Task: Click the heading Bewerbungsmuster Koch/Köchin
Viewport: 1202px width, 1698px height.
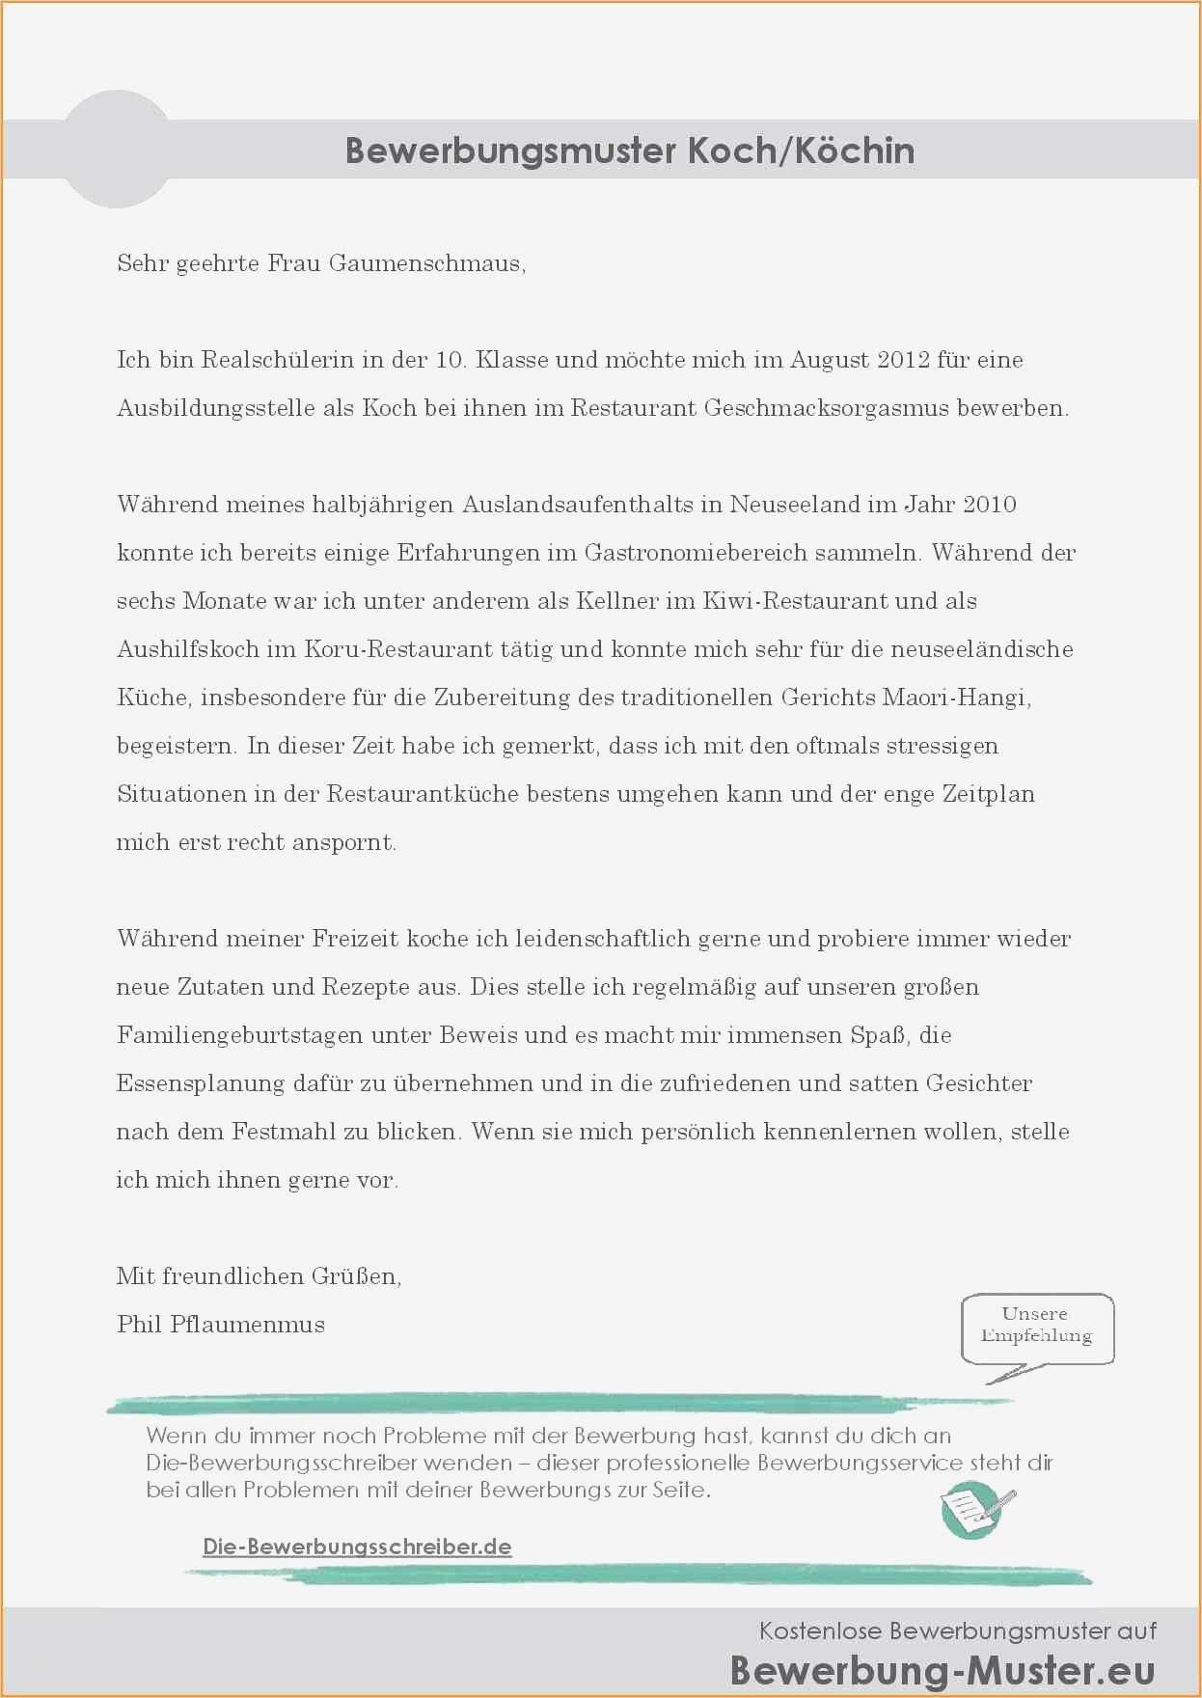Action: point(630,151)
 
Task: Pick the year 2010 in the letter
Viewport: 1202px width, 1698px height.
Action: point(989,505)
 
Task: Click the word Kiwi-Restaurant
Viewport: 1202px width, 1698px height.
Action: point(795,601)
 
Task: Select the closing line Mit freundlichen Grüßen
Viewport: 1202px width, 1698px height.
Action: point(259,1276)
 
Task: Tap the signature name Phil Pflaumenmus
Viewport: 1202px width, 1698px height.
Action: point(221,1325)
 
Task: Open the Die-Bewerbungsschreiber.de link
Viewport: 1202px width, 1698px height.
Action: point(357,1547)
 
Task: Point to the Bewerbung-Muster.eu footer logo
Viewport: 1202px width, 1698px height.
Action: point(942,1670)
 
